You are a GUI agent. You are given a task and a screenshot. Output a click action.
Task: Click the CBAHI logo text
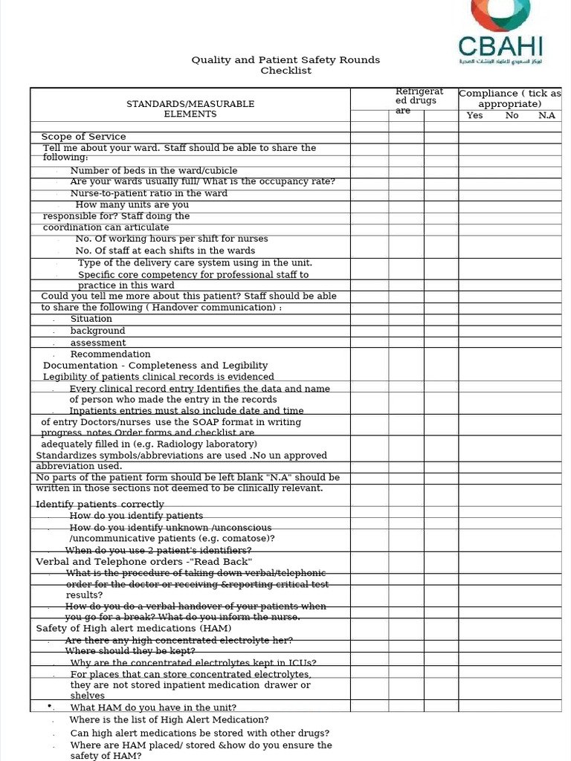500,46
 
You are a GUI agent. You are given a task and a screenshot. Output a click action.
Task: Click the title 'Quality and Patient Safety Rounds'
285,59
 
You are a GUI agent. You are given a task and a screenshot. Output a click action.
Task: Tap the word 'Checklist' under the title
285,71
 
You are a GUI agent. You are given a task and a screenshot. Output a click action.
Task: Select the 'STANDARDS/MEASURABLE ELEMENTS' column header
190,109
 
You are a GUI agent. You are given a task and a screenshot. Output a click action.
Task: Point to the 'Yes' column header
474,115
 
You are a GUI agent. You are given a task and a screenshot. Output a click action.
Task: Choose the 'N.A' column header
546,115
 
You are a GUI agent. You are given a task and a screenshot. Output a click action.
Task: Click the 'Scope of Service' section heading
83,137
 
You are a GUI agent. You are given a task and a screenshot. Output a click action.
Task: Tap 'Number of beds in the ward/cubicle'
154,170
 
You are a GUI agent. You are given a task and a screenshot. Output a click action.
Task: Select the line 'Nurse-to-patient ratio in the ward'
149,193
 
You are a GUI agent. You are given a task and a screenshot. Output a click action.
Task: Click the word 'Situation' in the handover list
91,319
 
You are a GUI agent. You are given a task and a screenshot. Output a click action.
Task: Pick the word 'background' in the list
97,331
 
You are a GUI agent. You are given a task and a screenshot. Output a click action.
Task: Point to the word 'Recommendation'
110,354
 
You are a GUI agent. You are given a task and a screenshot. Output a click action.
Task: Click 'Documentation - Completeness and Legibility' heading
155,366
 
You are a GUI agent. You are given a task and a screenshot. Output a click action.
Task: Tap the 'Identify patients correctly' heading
100,505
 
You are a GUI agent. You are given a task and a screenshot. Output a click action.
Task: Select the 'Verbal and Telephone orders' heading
144,562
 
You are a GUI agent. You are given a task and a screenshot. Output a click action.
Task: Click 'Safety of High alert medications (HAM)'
134,629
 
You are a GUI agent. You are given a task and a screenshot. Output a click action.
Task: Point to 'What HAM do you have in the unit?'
153,707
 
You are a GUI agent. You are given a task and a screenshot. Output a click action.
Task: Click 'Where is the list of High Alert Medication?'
169,719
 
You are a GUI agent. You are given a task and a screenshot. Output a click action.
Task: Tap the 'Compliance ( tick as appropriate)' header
510,98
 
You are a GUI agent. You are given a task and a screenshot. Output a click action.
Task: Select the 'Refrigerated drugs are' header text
416,100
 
